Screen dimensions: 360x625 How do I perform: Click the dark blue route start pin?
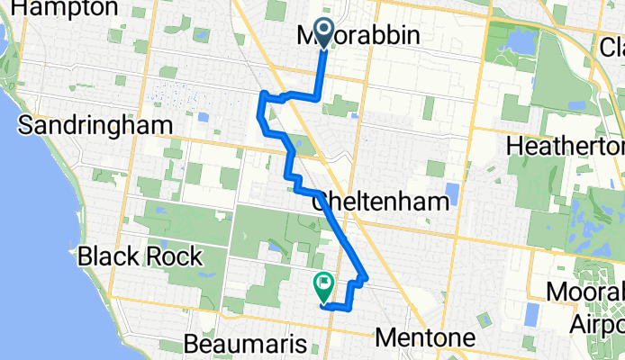point(323,33)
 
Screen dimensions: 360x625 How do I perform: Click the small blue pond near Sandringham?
point(204,117)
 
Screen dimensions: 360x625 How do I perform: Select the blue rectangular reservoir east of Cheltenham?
point(452,193)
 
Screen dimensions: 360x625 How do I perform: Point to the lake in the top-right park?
point(521,41)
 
